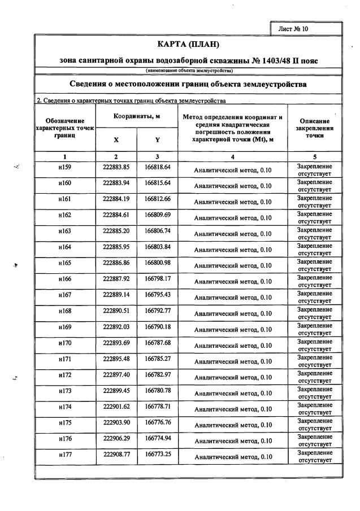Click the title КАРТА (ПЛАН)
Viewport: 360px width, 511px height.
(x=187, y=44)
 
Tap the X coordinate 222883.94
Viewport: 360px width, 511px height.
(x=116, y=183)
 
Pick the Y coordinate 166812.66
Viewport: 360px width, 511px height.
(x=158, y=199)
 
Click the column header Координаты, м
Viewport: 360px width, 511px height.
(x=137, y=116)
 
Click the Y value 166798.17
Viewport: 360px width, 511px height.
(x=158, y=278)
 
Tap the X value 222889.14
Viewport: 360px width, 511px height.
(x=116, y=295)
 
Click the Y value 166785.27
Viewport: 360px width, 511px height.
(x=158, y=359)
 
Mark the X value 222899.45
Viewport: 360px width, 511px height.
(x=116, y=390)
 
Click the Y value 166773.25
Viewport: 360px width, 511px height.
(x=158, y=454)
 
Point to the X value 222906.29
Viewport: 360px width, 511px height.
(x=116, y=438)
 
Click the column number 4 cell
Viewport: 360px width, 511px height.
(x=232, y=156)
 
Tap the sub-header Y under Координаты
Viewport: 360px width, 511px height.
(x=158, y=139)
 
